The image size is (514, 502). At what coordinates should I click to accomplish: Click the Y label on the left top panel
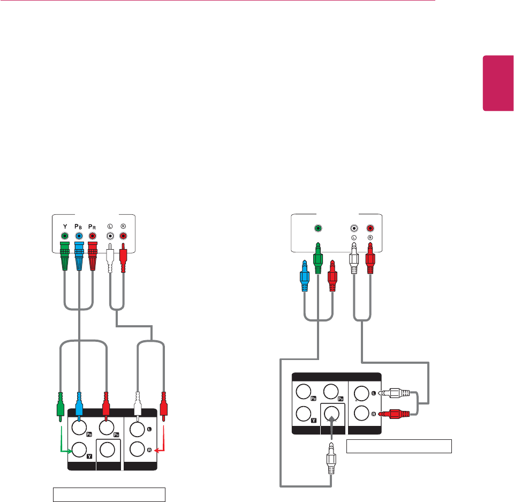click(64, 226)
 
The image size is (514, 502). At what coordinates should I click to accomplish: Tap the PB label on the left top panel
click(79, 226)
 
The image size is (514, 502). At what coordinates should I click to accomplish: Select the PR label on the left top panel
click(93, 226)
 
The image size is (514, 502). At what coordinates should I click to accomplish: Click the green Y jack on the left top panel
click(65, 236)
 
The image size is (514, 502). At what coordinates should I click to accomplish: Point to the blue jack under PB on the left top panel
click(79, 236)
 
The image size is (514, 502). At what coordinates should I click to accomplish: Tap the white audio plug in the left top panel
click(110, 258)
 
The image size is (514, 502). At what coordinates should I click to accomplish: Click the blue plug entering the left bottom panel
click(79, 404)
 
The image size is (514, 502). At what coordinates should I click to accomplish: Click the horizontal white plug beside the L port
click(396, 393)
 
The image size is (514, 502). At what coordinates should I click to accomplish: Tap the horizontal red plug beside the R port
click(396, 413)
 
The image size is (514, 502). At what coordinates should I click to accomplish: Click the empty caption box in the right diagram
click(399, 446)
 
